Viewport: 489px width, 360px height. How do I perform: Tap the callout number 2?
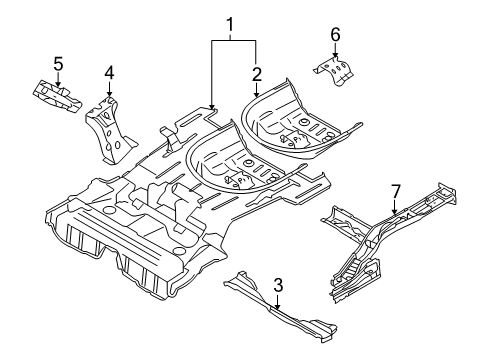coord(257,73)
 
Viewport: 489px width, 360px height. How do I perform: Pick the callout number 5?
coord(58,65)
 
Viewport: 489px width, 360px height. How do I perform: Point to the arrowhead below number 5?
coord(58,85)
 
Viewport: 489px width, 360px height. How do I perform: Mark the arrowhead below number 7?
coord(395,213)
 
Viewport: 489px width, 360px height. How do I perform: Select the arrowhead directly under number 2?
coord(257,95)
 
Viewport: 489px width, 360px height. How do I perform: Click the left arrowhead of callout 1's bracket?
coord(212,103)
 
